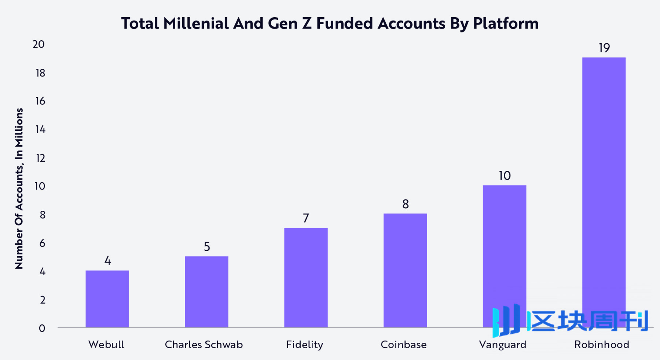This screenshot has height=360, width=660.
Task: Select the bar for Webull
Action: [x=107, y=299]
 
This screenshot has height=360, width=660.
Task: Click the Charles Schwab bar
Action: [x=206, y=292]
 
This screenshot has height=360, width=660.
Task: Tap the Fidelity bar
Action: [x=306, y=278]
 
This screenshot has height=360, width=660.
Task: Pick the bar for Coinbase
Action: [x=405, y=270]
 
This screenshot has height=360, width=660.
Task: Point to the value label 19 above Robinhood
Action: [x=604, y=48]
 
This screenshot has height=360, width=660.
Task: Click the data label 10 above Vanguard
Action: [x=505, y=176]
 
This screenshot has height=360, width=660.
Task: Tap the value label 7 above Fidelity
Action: [x=306, y=218]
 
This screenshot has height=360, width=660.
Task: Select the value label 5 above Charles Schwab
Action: [x=207, y=247]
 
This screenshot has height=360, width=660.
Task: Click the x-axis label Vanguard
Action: [x=502, y=345]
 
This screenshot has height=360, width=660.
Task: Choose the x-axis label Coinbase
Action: [x=403, y=345]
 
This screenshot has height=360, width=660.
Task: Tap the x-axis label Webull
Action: [x=106, y=345]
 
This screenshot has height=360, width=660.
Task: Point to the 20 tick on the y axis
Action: [x=38, y=44]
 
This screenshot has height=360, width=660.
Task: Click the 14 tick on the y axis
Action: [x=40, y=129]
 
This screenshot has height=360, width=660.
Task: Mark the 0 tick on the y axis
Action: [x=42, y=328]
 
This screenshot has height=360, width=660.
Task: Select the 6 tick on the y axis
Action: [x=42, y=243]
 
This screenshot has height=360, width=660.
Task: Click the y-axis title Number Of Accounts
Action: [x=19, y=188]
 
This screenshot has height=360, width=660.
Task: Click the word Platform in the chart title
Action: [x=505, y=23]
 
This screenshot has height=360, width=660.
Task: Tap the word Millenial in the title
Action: [x=196, y=23]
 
